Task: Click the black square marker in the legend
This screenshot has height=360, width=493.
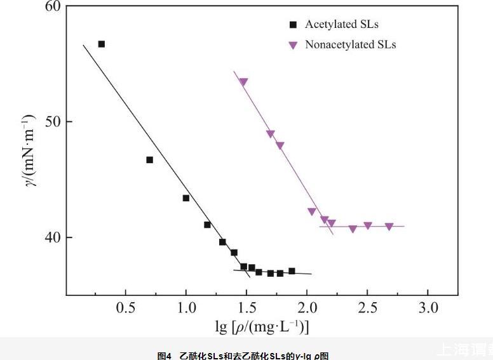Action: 293,25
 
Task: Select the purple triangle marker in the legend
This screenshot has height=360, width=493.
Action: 293,45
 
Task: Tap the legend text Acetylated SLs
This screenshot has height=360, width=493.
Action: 342,25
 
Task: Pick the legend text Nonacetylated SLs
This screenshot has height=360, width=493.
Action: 351,45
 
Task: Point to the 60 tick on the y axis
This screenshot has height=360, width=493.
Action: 53,7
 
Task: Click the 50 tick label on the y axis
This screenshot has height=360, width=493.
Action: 53,121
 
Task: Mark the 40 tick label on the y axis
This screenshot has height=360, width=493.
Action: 53,237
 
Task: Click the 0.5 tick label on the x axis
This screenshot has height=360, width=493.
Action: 126,308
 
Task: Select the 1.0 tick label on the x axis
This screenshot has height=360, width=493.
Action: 186,308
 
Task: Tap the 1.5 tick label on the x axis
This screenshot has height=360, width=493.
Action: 246,308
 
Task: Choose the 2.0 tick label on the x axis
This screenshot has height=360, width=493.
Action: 307,308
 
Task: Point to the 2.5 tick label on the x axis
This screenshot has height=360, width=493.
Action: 367,308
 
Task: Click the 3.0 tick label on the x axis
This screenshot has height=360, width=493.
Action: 428,308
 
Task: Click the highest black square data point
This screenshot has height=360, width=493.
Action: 102,44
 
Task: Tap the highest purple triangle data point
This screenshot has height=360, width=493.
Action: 243,82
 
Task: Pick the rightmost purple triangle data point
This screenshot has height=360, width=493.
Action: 389,227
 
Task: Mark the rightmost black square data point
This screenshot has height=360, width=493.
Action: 292,271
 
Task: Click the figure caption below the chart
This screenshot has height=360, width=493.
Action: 243,356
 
